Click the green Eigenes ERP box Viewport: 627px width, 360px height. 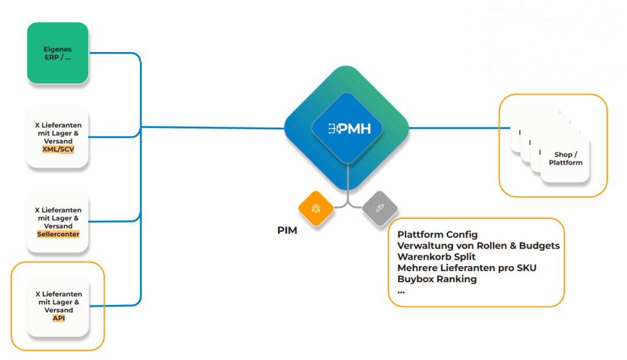pyautogui.click(x=58, y=53)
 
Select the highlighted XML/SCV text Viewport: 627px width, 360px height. pyautogui.click(x=58, y=149)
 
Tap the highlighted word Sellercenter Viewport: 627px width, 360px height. pyautogui.click(x=58, y=234)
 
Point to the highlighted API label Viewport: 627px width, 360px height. pyautogui.click(x=59, y=318)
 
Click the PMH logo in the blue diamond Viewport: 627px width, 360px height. pyautogui.click(x=350, y=129)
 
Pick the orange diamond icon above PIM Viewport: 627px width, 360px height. pyautogui.click(x=316, y=208)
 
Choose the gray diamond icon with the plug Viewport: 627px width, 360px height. pyautogui.click(x=380, y=208)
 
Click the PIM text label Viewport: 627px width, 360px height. pyautogui.click(x=287, y=230)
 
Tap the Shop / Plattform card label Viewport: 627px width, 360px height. pyautogui.click(x=565, y=159)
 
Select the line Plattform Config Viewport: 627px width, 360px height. pyautogui.click(x=437, y=234)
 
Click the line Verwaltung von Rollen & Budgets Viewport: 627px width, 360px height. pyautogui.click(x=479, y=246)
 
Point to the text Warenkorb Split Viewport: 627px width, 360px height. pyautogui.click(x=437, y=257)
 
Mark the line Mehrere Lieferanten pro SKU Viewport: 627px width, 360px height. pyautogui.click(x=467, y=268)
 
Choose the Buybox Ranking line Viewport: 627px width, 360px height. pyautogui.click(x=437, y=279)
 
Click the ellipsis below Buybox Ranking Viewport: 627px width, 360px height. pyautogui.click(x=401, y=293)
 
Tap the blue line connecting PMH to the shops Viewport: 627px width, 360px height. pyautogui.click(x=459, y=128)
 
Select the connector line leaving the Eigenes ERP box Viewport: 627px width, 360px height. pyautogui.click(x=115, y=53)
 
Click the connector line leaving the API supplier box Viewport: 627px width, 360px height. pyautogui.click(x=116, y=306)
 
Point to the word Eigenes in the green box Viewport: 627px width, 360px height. pyautogui.click(x=58, y=49)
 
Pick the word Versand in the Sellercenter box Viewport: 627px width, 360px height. pyautogui.click(x=58, y=226)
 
